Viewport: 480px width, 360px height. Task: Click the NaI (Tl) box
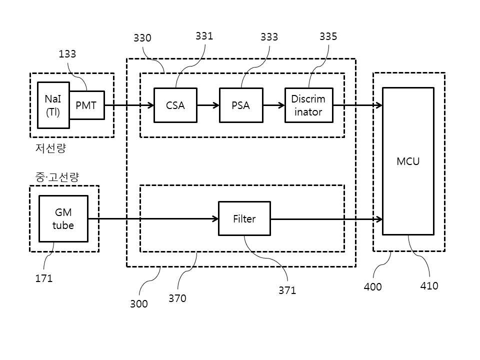tap(53, 105)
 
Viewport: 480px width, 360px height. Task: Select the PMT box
tap(87, 105)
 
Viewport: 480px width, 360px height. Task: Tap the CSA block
tap(175, 105)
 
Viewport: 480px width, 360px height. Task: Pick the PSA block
tap(241, 105)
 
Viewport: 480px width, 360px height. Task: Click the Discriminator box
tap(309, 105)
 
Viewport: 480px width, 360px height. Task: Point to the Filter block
tap(244, 218)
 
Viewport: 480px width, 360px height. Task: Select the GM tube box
tap(63, 218)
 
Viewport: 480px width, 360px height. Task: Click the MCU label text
tap(408, 161)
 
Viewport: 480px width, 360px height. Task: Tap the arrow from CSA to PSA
tap(208, 105)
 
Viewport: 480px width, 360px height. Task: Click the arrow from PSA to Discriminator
tap(274, 105)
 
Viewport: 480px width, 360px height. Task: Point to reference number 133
tap(67, 54)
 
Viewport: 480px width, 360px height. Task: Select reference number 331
tap(204, 36)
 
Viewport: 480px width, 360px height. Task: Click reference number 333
tap(269, 37)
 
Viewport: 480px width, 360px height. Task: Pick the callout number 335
tap(328, 36)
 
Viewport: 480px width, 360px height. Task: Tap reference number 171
tap(44, 278)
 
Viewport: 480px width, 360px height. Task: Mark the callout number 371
tap(287, 290)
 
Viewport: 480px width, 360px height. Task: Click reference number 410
tap(429, 286)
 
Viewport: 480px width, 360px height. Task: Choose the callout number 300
tap(139, 303)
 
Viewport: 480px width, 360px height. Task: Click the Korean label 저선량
tap(51, 148)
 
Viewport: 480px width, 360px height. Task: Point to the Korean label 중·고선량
tap(57, 177)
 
